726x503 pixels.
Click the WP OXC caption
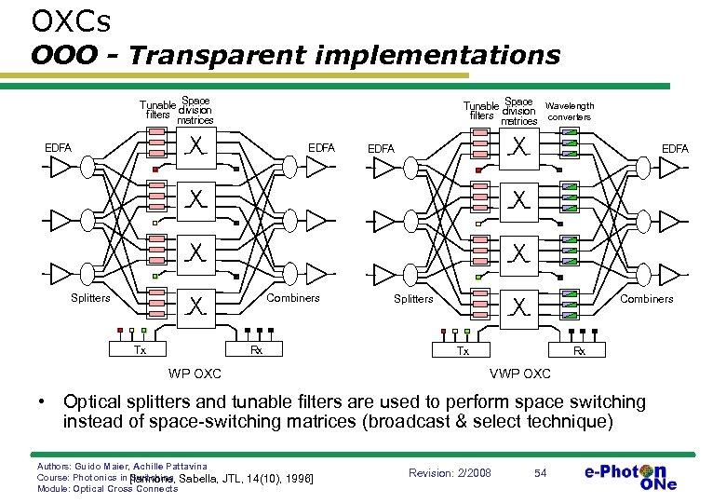pyautogui.click(x=195, y=374)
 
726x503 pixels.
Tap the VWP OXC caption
pyautogui.click(x=519, y=374)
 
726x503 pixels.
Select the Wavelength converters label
pyautogui.click(x=569, y=112)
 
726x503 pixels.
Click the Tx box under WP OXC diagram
pyautogui.click(x=140, y=350)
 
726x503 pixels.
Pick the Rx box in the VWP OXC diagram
pyautogui.click(x=579, y=350)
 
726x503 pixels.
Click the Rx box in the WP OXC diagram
pyautogui.click(x=256, y=350)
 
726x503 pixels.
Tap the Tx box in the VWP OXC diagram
pyautogui.click(x=463, y=350)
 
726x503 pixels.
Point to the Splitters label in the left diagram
pyautogui.click(x=91, y=298)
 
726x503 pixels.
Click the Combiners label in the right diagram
pyautogui.click(x=646, y=298)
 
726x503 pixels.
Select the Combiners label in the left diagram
pyautogui.click(x=293, y=298)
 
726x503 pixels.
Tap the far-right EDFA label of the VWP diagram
pyautogui.click(x=675, y=148)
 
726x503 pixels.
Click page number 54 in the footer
pyautogui.click(x=541, y=472)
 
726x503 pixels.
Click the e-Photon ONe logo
pyautogui.click(x=631, y=475)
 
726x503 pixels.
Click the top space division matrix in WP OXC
pyautogui.click(x=196, y=147)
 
